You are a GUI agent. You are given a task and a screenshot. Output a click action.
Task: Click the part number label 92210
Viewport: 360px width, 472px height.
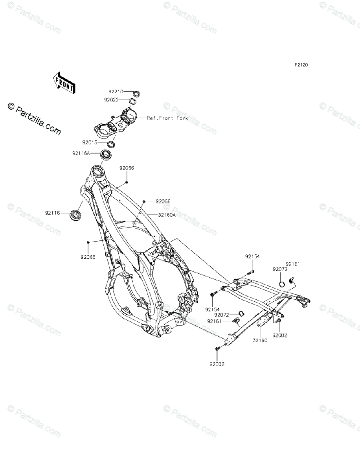pos(116,91)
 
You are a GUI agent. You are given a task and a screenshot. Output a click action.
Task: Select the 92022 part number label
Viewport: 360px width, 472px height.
pos(111,100)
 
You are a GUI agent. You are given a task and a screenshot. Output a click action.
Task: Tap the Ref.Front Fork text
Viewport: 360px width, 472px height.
pos(167,118)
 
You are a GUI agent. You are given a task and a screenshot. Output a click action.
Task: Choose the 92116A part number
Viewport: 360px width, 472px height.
pos(81,153)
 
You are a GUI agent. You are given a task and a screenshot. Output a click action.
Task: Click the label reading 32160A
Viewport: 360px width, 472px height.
pos(167,215)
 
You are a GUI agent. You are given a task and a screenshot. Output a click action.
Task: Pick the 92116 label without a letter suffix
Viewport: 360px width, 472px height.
pos(52,213)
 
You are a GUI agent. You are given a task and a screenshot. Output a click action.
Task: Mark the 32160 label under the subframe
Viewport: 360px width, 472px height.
pos(260,341)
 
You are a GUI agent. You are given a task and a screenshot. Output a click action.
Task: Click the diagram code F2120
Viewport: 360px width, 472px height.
pos(302,65)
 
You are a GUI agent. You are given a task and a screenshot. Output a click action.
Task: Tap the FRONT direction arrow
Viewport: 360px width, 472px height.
pos(63,83)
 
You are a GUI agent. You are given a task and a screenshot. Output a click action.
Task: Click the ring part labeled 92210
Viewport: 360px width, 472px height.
pos(137,94)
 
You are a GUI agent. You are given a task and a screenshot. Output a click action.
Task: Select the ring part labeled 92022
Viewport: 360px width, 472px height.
pos(132,101)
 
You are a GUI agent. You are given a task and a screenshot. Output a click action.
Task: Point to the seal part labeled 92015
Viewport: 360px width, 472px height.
pos(110,143)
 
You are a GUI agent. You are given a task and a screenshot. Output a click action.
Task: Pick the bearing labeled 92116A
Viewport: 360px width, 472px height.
pos(106,155)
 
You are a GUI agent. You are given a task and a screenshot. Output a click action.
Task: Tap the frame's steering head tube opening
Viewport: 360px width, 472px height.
pos(97,171)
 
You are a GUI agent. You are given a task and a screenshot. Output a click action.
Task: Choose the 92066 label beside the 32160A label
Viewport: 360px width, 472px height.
pos(163,201)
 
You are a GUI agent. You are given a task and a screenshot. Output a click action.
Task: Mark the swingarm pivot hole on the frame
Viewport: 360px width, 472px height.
pos(182,300)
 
